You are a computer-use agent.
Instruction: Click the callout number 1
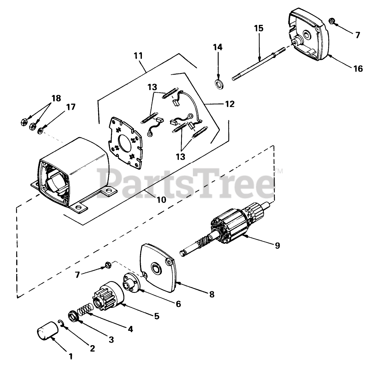[x=70, y=355]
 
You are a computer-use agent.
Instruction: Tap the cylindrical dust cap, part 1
[x=47, y=330]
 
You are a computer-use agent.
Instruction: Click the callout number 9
[x=277, y=246]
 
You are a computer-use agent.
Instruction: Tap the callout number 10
[x=161, y=200]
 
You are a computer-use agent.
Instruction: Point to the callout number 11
[x=138, y=56]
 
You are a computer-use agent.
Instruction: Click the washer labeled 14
[x=218, y=83]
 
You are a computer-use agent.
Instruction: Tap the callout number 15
[x=259, y=29]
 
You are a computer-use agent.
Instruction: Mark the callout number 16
[x=358, y=69]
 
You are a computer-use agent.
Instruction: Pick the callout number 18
[x=56, y=98]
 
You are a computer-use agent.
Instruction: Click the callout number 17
[x=71, y=107]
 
